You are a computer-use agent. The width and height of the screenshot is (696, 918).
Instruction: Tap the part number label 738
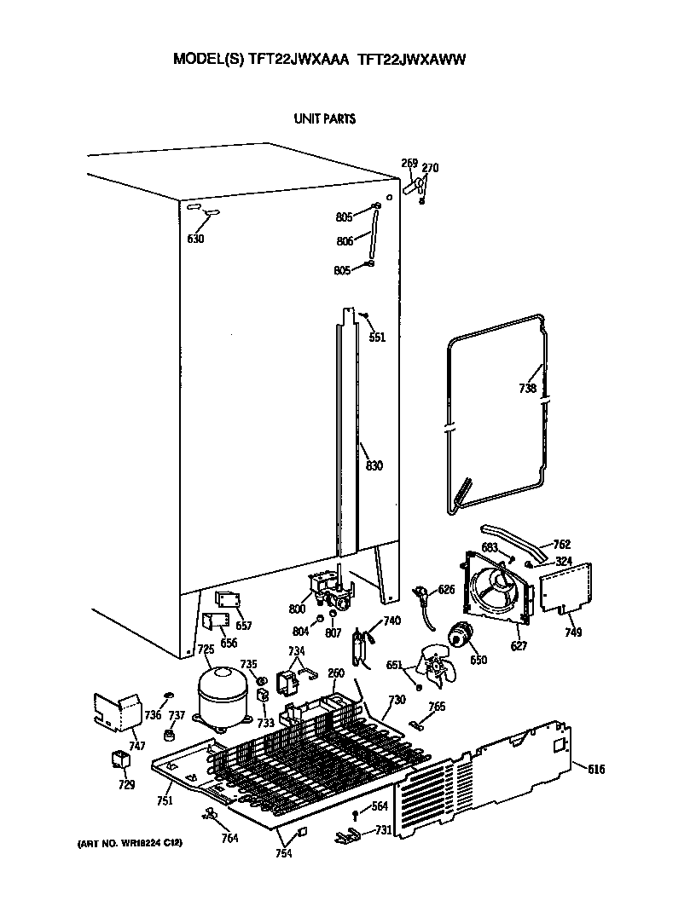527,389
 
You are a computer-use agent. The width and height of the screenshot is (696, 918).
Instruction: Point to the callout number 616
595,769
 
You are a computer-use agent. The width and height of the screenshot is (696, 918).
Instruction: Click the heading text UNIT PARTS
324,119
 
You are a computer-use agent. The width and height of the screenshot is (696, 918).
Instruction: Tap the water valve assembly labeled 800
328,589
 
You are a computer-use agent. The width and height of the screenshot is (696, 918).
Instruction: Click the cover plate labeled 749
563,587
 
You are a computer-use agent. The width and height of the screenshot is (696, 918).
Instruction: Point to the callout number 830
374,465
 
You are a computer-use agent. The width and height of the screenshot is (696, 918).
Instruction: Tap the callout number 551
376,338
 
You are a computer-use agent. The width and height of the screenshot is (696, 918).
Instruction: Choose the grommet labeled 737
170,735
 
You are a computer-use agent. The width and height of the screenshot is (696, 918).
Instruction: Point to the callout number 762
561,545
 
